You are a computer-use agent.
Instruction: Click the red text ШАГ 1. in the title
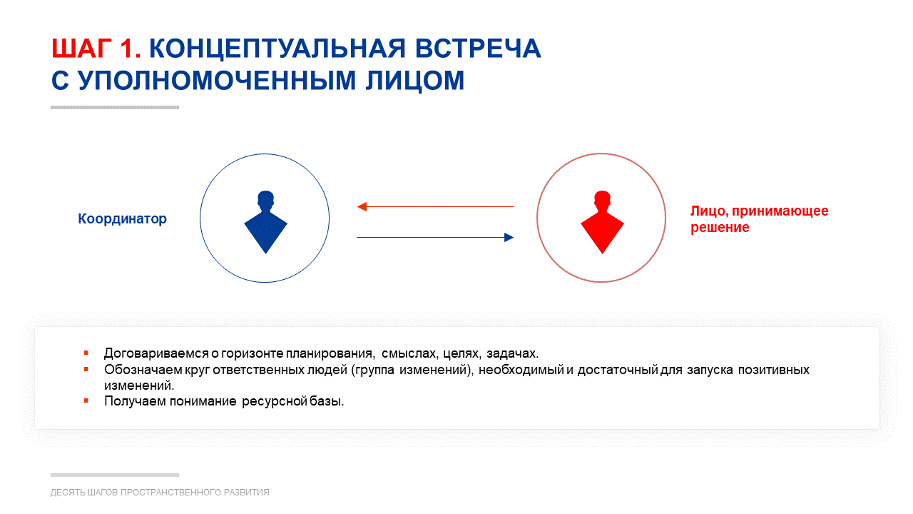click(x=96, y=49)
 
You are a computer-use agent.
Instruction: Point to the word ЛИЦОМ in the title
click(x=415, y=81)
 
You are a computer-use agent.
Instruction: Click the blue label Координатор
click(x=122, y=218)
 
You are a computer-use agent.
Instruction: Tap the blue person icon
click(x=266, y=222)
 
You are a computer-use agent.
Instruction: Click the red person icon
click(x=602, y=222)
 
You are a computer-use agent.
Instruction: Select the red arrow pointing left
click(x=435, y=207)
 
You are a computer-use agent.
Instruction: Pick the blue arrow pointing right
click(x=435, y=238)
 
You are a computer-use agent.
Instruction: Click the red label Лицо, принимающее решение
click(x=760, y=219)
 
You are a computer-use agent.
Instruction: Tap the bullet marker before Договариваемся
click(x=86, y=353)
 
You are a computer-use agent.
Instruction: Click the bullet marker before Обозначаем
click(x=86, y=370)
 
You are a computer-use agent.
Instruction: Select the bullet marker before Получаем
click(x=86, y=401)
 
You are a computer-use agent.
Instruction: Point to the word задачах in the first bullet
click(x=512, y=353)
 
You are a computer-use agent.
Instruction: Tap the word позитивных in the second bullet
click(x=774, y=370)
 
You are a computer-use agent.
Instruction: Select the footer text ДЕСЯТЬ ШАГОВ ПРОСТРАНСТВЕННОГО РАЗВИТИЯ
click(x=160, y=493)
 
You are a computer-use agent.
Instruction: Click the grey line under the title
click(x=115, y=108)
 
